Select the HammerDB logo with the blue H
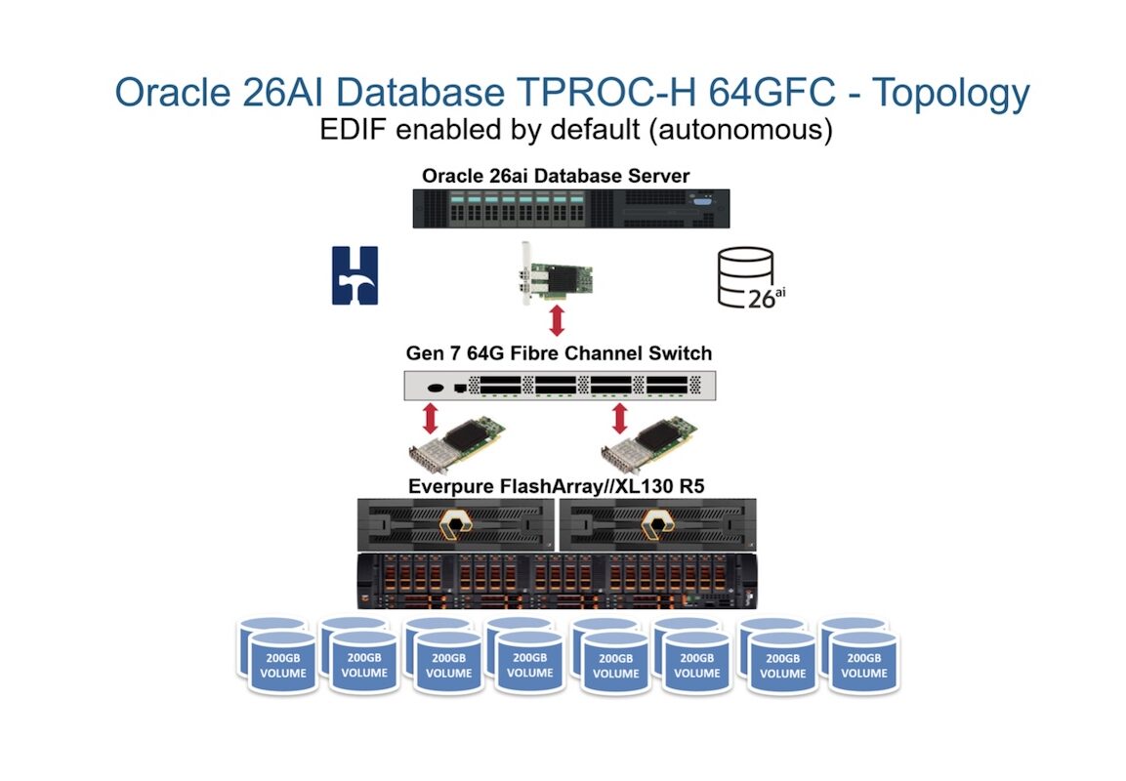pos(354,275)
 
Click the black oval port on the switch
pos(436,389)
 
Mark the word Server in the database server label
pos(655,176)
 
